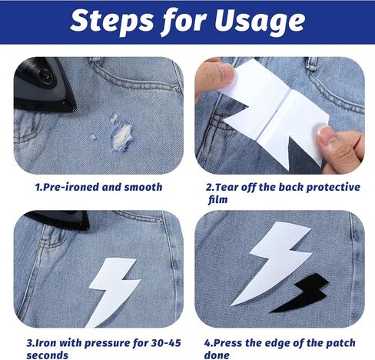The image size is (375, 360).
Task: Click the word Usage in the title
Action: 260,22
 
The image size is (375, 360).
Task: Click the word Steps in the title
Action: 111,22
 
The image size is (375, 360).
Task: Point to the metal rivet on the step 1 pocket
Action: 177,89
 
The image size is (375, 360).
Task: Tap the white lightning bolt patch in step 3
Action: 113,290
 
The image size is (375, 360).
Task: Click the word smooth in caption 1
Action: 143,187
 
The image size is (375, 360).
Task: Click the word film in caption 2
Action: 217,199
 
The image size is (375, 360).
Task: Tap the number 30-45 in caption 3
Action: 166,343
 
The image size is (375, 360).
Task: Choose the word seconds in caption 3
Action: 48,355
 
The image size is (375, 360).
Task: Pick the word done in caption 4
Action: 217,355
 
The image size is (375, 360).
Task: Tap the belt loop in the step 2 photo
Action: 312,64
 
